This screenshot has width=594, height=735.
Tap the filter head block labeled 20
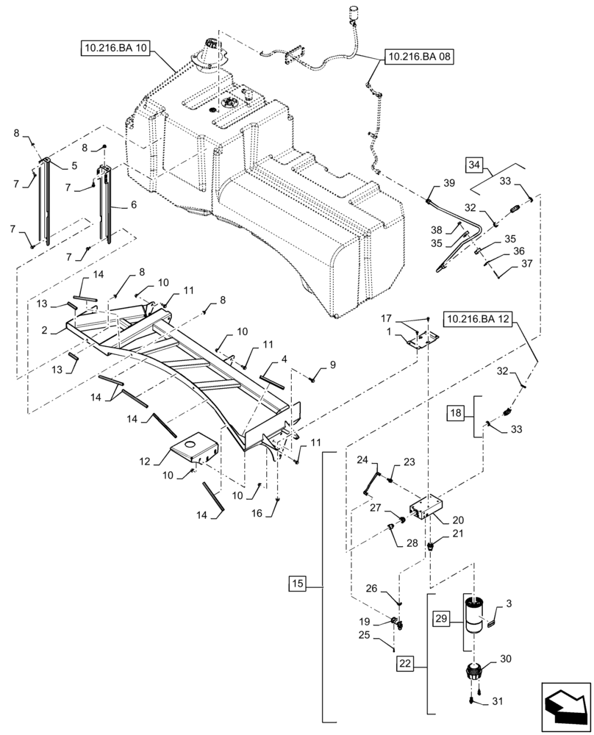pyautogui.click(x=423, y=507)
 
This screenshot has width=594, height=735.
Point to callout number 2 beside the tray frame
pyautogui.click(x=45, y=331)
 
